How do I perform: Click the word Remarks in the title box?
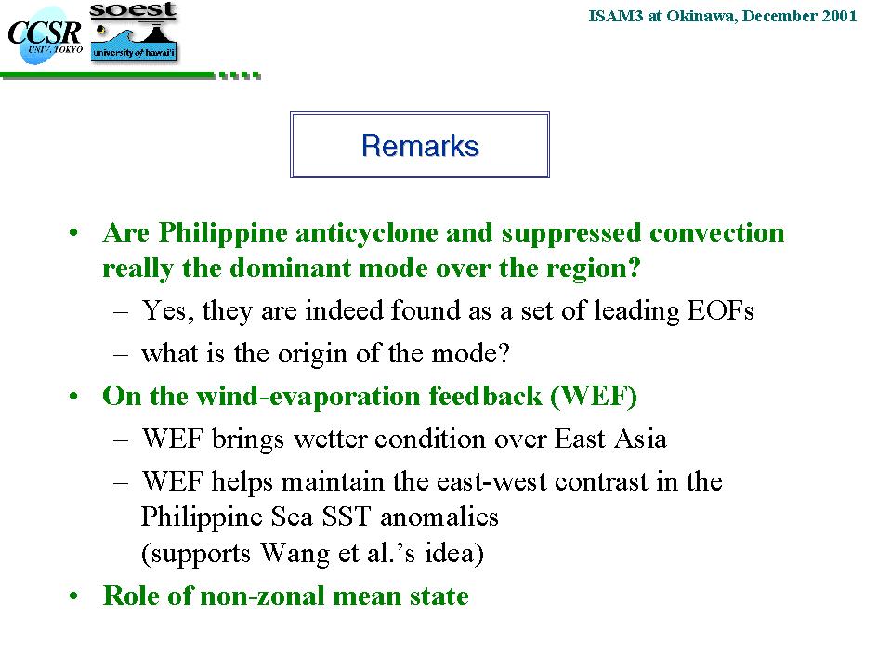tap(420, 146)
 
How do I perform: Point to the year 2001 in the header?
tap(839, 16)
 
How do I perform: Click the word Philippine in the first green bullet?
tap(223, 233)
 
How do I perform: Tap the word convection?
tap(716, 233)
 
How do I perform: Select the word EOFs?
tap(721, 310)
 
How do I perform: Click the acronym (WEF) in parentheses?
tap(594, 397)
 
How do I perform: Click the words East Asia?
tap(610, 439)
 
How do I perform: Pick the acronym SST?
tap(346, 517)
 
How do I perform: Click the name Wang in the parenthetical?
tap(295, 553)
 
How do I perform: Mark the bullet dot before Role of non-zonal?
tap(73, 596)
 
